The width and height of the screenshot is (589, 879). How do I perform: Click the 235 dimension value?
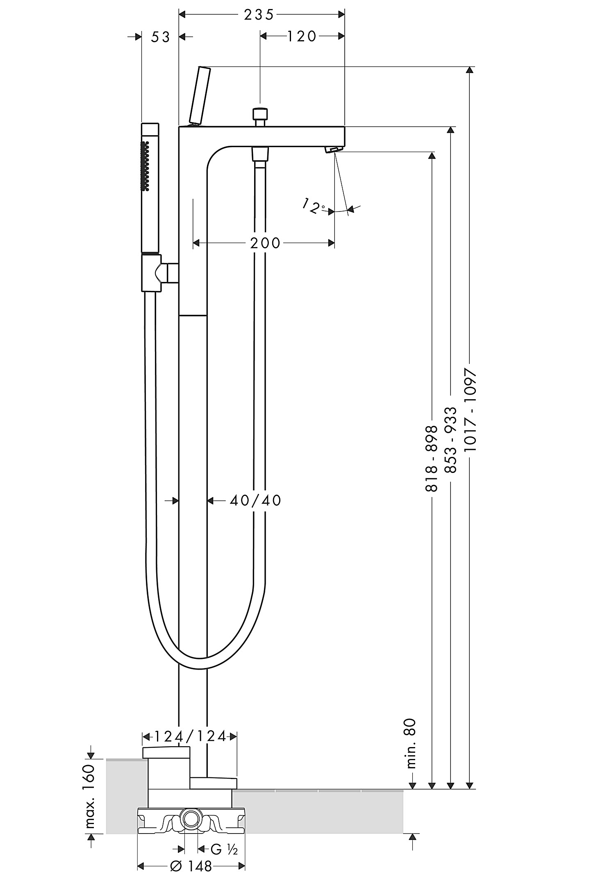coord(259,15)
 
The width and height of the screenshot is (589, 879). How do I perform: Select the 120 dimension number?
coord(302,36)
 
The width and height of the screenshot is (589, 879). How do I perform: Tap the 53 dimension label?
coord(160,37)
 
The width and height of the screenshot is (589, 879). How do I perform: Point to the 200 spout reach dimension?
coord(265,243)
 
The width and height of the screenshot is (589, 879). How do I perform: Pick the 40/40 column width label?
coord(255,500)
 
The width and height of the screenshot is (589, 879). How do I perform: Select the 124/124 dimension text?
coord(190,736)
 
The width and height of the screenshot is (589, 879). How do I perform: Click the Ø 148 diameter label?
coord(191,866)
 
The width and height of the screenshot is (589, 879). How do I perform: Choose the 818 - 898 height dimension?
coord(432,459)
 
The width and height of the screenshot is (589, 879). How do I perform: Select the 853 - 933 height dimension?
coord(451,440)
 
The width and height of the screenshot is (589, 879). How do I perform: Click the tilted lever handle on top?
coord(200,95)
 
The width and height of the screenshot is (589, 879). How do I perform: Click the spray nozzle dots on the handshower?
coord(144,166)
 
